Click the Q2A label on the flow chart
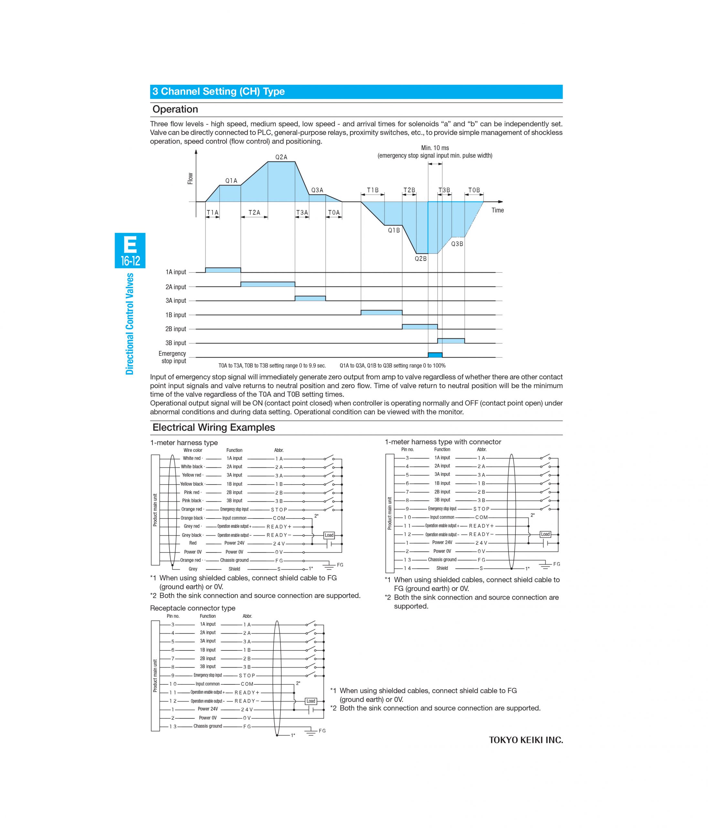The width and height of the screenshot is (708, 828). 281,157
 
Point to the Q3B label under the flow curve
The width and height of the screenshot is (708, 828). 457,244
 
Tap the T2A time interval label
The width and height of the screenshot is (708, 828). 254,212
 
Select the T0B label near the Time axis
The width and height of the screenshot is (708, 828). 474,190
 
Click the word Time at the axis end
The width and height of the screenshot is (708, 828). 497,210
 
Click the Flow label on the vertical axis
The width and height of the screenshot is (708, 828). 190,178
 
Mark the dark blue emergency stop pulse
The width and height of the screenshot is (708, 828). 435,355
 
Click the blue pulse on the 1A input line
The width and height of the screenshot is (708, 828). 223,270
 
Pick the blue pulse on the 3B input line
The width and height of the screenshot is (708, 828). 451,341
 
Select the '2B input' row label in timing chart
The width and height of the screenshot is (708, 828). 176,329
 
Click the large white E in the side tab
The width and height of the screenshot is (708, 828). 130,244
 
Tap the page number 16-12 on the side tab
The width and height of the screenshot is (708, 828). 130,261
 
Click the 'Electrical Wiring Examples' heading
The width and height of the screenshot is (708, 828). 214,427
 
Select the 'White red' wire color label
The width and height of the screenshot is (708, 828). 192,458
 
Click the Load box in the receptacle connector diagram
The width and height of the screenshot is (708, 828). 311,701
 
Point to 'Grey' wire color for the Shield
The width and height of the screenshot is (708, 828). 193,569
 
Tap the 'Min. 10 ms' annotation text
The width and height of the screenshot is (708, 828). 435,148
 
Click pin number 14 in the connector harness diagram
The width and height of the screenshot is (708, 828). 407,568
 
